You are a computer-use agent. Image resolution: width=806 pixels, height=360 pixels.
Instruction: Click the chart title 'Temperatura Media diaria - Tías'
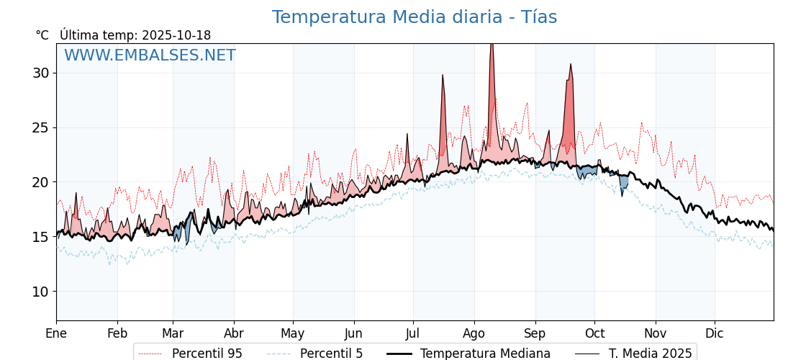pyautogui.click(x=414, y=17)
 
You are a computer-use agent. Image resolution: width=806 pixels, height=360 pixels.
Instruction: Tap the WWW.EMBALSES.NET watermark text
pyautogui.click(x=150, y=55)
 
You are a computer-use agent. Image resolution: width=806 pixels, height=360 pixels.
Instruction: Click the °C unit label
pyautogui.click(x=42, y=35)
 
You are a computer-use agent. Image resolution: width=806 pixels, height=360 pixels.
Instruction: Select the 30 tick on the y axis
pyautogui.click(x=40, y=73)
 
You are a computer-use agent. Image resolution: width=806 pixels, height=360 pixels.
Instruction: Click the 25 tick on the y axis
pyautogui.click(x=40, y=127)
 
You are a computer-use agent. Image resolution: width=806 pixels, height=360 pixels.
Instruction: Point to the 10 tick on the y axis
pyautogui.click(x=40, y=292)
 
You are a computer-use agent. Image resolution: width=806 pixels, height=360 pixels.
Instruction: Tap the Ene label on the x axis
pyautogui.click(x=56, y=333)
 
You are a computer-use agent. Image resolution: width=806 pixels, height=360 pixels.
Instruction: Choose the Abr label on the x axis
pyautogui.click(x=234, y=333)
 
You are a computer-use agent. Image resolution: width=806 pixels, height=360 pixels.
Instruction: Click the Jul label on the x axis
pyautogui.click(x=413, y=333)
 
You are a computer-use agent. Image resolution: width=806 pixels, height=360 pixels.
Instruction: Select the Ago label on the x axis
pyautogui.click(x=474, y=333)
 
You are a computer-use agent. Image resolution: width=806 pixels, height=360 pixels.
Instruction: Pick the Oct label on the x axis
pyautogui.click(x=594, y=333)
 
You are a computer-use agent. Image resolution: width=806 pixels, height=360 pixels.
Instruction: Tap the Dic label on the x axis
pyautogui.click(x=715, y=333)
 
